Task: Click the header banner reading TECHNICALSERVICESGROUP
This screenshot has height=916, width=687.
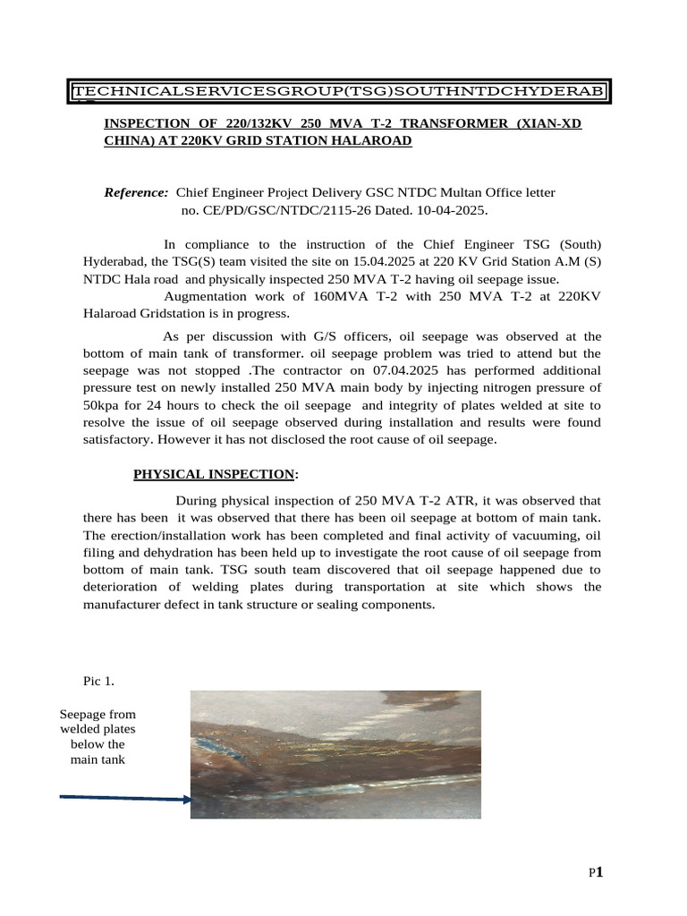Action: click(x=340, y=91)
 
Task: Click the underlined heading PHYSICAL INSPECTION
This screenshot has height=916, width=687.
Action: click(x=214, y=474)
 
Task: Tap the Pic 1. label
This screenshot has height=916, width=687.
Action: click(x=98, y=682)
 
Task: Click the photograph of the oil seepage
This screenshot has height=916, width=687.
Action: click(x=335, y=753)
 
